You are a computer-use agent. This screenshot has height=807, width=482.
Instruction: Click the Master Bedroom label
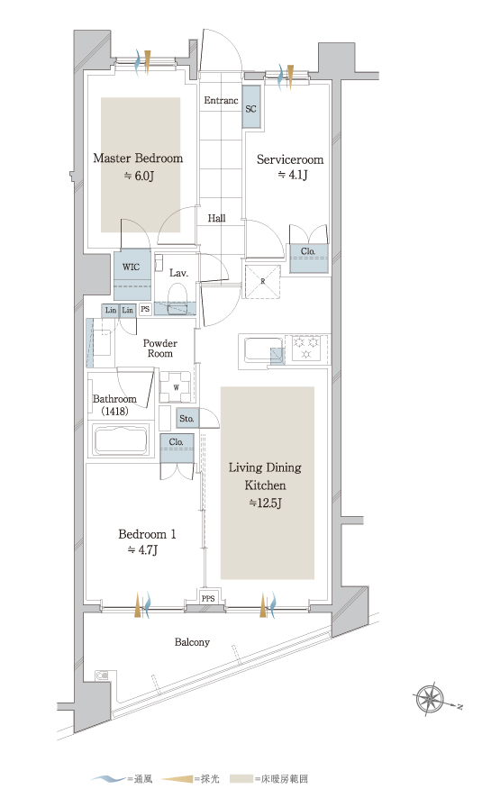138,158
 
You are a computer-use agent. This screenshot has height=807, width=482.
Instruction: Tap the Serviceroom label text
290,159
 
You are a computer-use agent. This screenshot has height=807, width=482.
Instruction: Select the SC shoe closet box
251,106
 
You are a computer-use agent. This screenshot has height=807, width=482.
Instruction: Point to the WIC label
131,267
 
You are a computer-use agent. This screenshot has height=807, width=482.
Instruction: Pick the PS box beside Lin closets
145,310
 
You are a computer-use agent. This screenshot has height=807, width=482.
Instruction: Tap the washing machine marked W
175,387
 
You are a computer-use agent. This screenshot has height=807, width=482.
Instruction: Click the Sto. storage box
186,419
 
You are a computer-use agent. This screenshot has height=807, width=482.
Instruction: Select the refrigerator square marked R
263,281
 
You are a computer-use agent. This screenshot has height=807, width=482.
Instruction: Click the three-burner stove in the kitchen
306,348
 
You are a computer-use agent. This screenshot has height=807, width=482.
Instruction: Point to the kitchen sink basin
263,349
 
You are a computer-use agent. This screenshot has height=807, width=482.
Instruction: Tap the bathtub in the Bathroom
121,440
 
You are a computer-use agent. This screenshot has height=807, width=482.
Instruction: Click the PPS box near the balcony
208,598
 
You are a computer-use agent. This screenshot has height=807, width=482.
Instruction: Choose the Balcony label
192,642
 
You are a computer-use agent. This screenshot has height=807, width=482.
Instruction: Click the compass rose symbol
429,700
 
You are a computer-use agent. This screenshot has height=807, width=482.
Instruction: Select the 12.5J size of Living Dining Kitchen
265,503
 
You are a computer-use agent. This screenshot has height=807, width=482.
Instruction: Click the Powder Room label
160,349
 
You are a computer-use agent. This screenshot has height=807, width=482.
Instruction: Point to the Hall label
217,218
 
